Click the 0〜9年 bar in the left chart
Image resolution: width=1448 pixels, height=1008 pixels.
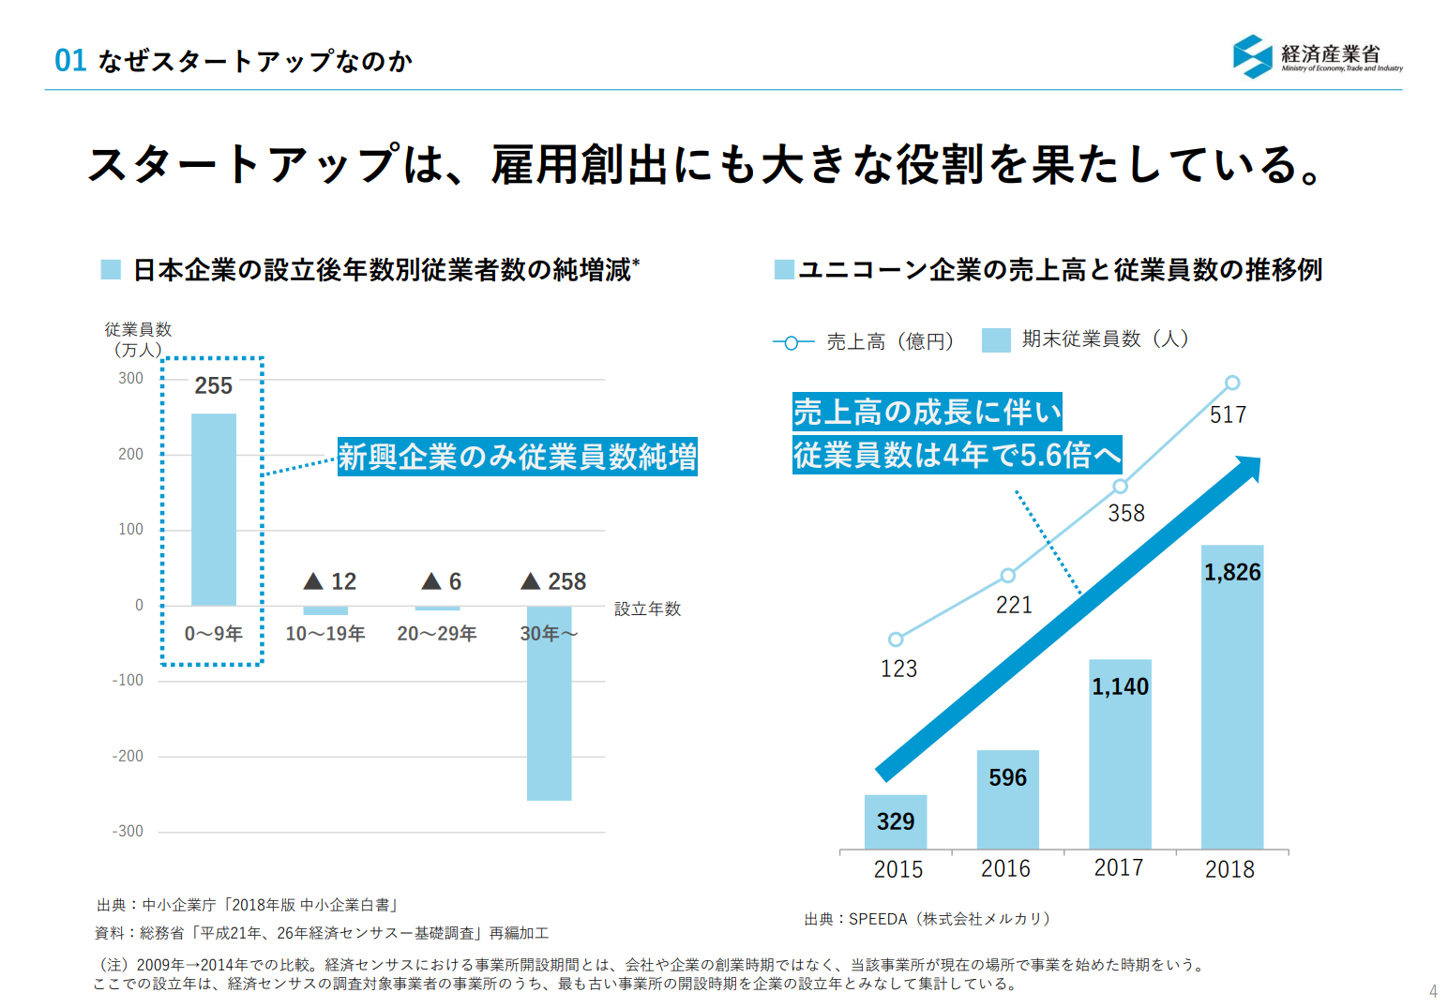click(x=214, y=509)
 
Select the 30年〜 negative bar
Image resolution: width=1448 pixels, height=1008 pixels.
click(x=549, y=703)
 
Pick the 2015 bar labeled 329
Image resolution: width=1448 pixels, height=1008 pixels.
click(x=896, y=822)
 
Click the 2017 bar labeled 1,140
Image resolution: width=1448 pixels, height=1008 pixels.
click(x=1120, y=754)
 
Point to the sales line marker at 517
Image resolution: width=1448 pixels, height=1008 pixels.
click(x=1232, y=383)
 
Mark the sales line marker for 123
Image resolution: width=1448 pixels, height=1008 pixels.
click(x=896, y=639)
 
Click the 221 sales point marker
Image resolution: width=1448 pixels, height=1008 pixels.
click(x=1007, y=575)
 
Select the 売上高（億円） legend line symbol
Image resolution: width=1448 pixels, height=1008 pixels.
click(x=792, y=342)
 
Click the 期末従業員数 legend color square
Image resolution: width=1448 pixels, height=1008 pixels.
click(x=996, y=339)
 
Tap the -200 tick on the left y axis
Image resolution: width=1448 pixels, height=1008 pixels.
click(x=128, y=756)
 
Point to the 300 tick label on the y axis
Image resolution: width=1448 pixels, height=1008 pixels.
click(x=130, y=378)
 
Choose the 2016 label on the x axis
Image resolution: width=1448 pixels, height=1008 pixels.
click(x=1005, y=869)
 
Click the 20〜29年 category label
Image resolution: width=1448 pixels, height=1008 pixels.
click(x=436, y=634)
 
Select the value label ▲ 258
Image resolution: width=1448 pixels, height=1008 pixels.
click(x=553, y=581)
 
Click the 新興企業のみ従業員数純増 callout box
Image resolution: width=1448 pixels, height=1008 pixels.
click(x=518, y=457)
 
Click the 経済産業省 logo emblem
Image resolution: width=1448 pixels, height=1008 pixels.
click(x=1252, y=56)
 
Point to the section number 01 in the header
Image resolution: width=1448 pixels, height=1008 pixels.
click(x=70, y=61)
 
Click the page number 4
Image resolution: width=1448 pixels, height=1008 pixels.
click(x=1432, y=991)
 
